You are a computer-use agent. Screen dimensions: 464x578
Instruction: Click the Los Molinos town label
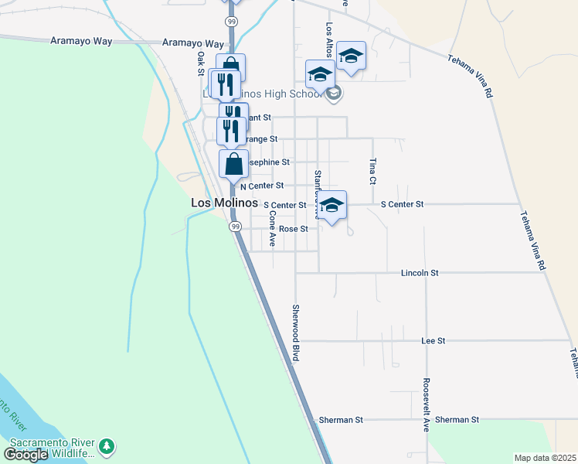pos(224,203)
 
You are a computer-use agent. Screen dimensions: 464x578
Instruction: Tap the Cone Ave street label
pos(272,229)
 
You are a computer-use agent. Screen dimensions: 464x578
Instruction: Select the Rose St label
pos(294,229)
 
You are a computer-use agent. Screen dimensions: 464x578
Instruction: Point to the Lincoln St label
pos(420,273)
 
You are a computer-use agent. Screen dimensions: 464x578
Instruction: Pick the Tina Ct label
pos(372,171)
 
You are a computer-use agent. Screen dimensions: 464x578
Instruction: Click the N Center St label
pos(262,186)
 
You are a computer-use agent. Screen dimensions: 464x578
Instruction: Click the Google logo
pos(25,455)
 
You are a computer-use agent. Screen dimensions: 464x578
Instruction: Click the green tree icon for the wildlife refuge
pos(107,446)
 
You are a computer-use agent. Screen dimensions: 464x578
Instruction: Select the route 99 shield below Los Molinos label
pos(234,227)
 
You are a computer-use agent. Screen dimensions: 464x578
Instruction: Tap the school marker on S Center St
pos(332,206)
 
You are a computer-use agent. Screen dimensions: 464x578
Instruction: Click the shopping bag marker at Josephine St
pos(234,165)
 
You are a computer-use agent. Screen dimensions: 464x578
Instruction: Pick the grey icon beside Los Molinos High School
pos(334,94)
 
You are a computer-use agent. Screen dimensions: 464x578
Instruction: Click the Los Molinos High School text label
pos(263,94)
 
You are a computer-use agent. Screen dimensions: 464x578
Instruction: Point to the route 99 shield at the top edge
pos(231,20)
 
